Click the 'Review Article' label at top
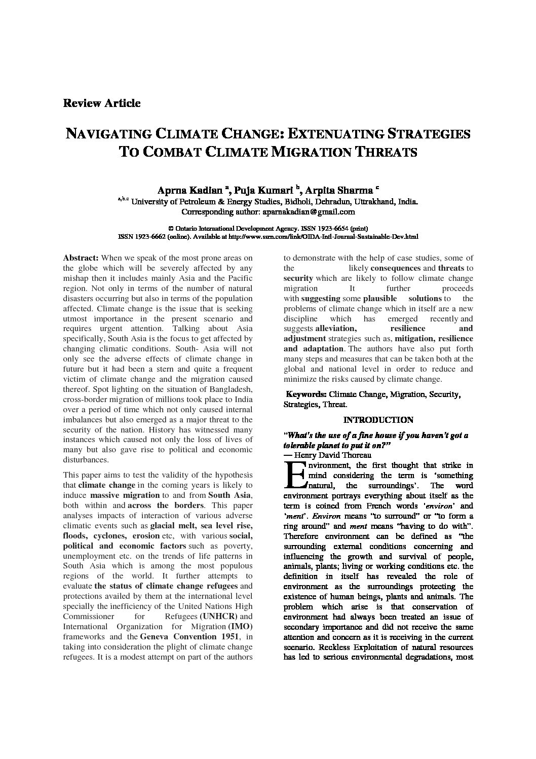(x=101, y=103)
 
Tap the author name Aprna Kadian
(x=190, y=191)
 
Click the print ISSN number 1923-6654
(x=316, y=229)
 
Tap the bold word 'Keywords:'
(x=306, y=394)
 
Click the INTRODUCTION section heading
(x=378, y=420)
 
